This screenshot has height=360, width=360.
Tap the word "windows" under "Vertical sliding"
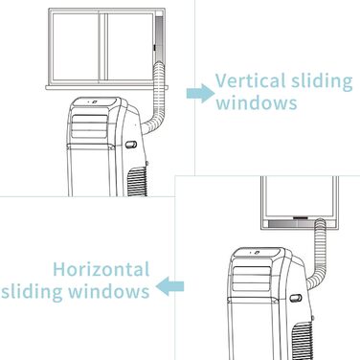[256, 103]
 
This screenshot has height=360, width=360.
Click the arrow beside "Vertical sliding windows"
[198, 92]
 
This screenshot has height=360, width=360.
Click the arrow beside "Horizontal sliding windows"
[171, 284]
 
